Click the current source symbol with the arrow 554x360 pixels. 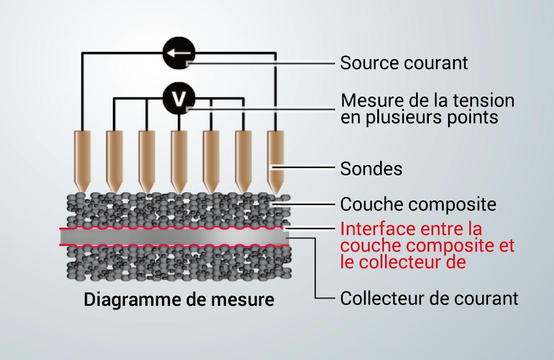tap(179, 53)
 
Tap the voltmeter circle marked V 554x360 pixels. tap(179, 99)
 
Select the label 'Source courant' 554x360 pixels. tap(404, 63)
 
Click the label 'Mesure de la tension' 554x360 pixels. tap(428, 100)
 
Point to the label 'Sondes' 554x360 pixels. tap(371, 168)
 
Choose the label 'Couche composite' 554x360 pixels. tap(418, 204)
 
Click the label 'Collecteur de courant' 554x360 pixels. tap(429, 298)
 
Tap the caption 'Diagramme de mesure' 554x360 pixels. tap(179, 300)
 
